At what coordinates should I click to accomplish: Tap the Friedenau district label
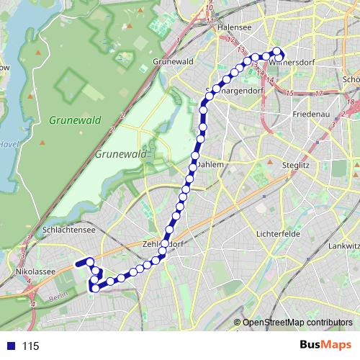(x=310, y=114)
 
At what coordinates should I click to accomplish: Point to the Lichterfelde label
(x=276, y=235)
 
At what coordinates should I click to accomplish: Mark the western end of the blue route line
(x=76, y=265)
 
